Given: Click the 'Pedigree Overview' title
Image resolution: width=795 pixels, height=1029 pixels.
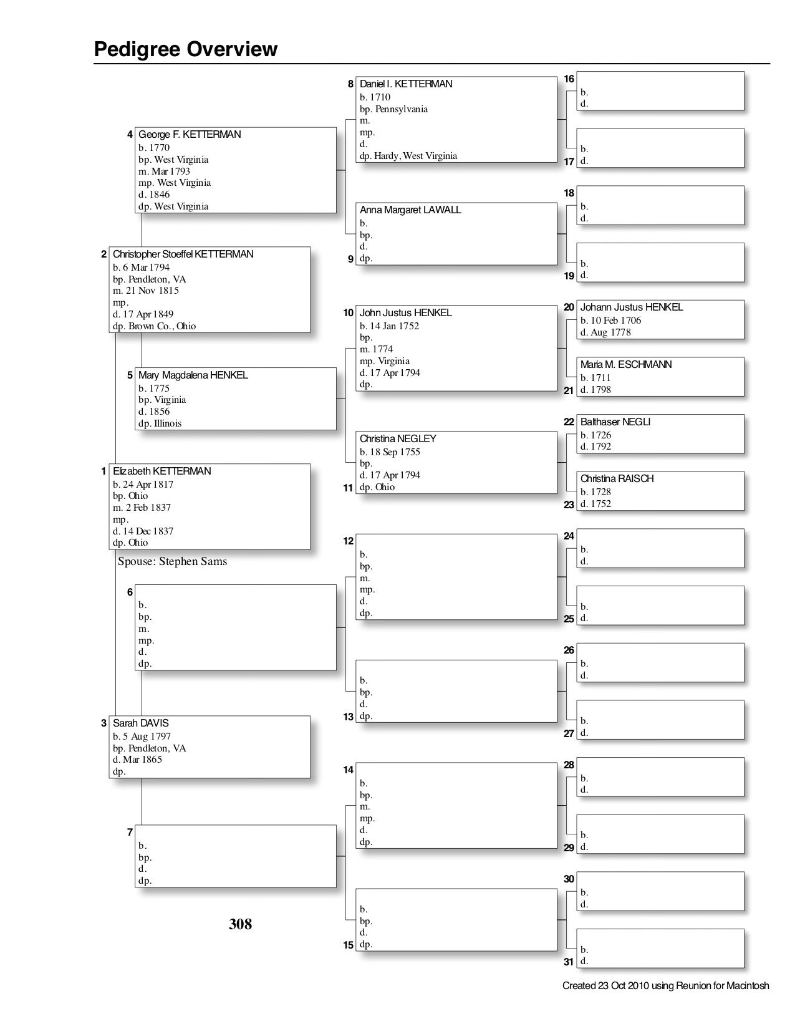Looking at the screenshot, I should coord(186,49).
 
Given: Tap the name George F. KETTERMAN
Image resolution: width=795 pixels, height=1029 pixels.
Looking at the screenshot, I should coord(190,135).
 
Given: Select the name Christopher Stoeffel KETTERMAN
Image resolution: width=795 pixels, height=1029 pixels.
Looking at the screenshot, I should coord(183,254).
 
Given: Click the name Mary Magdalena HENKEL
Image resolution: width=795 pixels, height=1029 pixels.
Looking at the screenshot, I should coord(193,375).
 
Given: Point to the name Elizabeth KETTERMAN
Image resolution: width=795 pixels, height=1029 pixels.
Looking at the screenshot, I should coord(162,471).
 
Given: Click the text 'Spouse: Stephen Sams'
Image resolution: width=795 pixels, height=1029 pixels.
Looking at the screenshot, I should coord(173,561).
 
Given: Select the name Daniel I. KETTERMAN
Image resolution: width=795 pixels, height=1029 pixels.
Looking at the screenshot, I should coord(406,84).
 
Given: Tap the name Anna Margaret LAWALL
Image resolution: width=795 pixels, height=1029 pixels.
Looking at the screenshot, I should coord(410,210).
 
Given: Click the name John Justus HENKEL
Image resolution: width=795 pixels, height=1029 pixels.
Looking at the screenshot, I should coord(406,313).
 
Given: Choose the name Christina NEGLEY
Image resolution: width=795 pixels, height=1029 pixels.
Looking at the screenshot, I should coord(398,439).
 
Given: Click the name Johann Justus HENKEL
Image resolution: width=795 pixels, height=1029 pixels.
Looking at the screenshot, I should coord(632,307).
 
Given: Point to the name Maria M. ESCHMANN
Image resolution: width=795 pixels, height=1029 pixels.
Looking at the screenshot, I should coord(626,365).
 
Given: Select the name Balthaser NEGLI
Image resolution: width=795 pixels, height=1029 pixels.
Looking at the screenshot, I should coord(615,422).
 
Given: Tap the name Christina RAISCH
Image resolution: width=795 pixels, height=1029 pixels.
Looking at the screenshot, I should coord(617,479).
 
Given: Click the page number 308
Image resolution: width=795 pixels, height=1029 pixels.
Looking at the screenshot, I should coord(241,924).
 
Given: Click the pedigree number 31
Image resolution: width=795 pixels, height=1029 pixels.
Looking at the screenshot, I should coord(569,962).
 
